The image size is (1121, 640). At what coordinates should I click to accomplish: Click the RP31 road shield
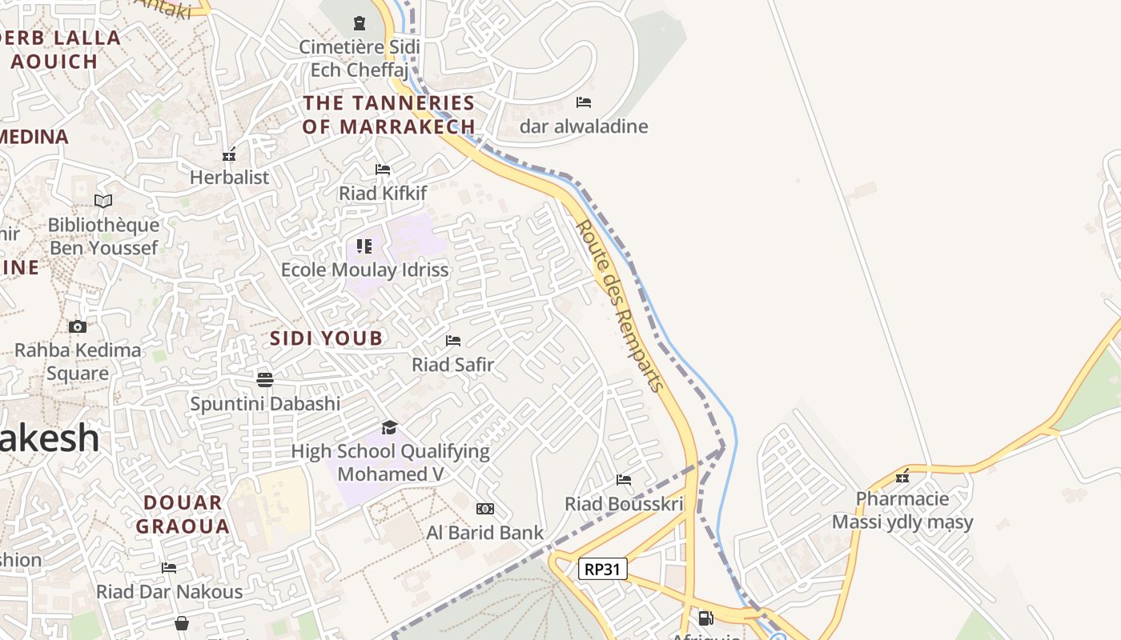tap(602, 569)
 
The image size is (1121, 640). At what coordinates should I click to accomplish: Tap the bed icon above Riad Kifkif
tap(383, 170)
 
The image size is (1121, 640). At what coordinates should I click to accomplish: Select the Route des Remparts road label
tap(621, 306)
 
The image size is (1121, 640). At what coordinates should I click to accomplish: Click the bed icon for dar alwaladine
tap(584, 102)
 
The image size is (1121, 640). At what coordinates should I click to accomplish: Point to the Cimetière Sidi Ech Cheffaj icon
tap(360, 23)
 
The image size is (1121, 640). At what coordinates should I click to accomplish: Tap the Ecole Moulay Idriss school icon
tap(364, 246)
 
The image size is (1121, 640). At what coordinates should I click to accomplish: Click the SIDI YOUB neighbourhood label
tap(327, 338)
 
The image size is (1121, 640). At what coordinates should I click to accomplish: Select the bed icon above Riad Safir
tap(453, 341)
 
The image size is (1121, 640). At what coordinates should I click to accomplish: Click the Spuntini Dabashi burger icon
tap(265, 379)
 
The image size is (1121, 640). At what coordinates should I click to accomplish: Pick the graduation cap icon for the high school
tap(390, 427)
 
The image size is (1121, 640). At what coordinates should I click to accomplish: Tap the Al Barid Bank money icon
tap(485, 509)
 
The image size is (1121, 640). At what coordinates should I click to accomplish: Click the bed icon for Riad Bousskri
tap(624, 480)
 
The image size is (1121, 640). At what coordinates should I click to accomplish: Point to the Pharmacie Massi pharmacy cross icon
tap(903, 476)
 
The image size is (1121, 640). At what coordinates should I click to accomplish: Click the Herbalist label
tap(230, 177)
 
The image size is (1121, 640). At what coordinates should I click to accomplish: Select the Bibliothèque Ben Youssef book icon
tap(103, 201)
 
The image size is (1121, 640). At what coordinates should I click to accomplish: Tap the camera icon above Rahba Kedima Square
tap(78, 326)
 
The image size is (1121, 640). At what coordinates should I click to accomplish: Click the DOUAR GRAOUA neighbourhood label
tap(183, 514)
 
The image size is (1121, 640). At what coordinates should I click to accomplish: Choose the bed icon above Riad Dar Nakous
tap(169, 568)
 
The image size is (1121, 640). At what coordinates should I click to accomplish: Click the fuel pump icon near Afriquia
tap(705, 618)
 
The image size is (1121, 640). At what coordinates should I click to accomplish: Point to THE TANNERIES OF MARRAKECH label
tap(389, 114)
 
